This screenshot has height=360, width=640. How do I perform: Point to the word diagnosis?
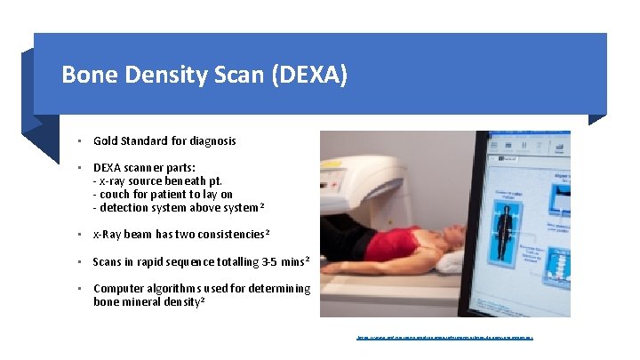point(209,140)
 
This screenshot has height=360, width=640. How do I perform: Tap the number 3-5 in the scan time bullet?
point(264,261)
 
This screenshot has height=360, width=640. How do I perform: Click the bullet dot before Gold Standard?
point(79,140)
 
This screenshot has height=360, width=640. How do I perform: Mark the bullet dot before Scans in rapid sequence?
point(79,261)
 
